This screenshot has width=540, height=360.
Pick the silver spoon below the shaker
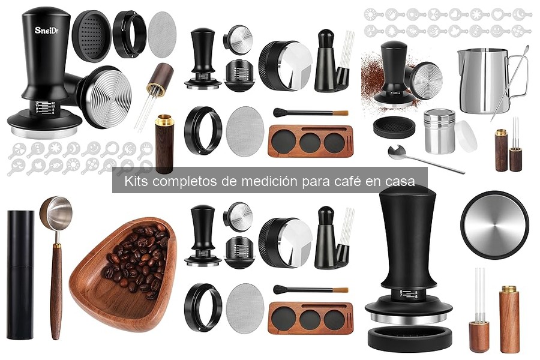[x=420, y=158]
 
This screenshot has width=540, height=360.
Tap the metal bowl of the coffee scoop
[x=56, y=212]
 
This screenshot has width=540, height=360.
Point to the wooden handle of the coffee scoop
[x=55, y=288]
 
